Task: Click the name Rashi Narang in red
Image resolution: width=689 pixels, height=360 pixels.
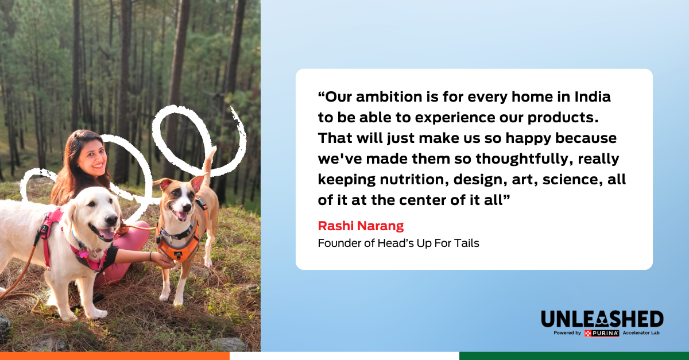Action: pos(361,226)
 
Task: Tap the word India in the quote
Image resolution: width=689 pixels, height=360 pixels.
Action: pos(593,96)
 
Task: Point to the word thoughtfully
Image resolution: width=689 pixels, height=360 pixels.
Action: pos(524,159)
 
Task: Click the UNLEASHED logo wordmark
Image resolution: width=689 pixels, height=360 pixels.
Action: pos(602,319)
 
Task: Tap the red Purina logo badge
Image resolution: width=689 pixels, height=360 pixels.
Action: pos(602,333)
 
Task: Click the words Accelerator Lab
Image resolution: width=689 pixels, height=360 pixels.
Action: pos(641,332)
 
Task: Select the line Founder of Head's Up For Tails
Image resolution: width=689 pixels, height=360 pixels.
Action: pos(398,243)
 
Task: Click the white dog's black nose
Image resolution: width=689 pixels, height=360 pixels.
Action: pos(111,220)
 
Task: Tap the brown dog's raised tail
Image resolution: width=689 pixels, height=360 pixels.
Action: pos(209,163)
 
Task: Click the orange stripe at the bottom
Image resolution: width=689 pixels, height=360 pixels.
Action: pos(115,356)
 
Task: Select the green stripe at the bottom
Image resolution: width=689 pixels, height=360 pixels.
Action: pos(574,356)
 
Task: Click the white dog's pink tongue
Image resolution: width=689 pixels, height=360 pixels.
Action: pos(107,234)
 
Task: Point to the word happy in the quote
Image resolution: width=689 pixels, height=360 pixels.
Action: pos(528,138)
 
